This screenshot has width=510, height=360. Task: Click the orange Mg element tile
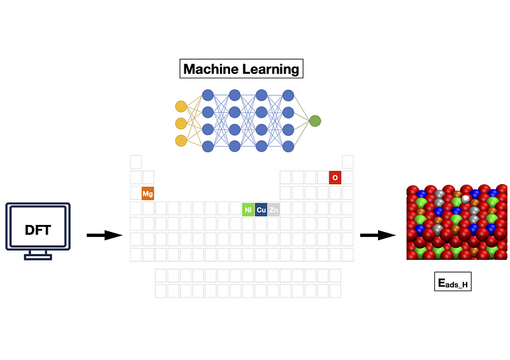(x=148, y=194)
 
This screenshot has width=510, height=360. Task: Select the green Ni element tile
(x=248, y=210)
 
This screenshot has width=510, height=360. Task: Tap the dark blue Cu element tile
(x=261, y=210)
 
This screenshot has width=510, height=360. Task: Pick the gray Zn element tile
(x=273, y=210)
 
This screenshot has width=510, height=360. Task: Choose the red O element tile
(x=335, y=178)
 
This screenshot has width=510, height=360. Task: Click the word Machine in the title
(x=210, y=69)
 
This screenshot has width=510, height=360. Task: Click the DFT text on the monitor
(x=38, y=230)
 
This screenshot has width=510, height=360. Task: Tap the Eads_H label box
(x=453, y=282)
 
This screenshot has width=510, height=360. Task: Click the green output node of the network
(x=315, y=121)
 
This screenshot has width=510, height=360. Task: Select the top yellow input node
(x=181, y=106)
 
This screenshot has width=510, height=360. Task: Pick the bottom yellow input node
(x=181, y=141)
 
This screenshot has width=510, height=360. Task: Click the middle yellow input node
(x=181, y=124)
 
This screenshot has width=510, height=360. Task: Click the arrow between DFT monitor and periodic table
(x=105, y=235)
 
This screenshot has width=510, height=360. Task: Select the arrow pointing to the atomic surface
(x=377, y=235)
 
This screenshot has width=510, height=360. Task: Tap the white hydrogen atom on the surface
(x=465, y=199)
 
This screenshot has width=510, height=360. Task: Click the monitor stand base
(x=38, y=257)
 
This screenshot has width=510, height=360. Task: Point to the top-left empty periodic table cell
(x=136, y=162)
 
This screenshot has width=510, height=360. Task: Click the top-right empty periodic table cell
(x=347, y=162)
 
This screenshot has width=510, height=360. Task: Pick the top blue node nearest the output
(x=288, y=96)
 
